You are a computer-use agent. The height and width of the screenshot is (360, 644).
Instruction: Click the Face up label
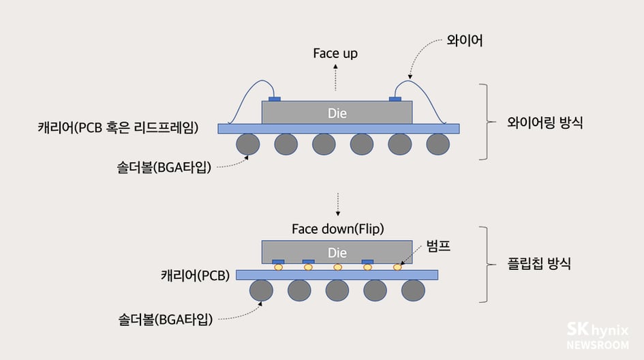335,53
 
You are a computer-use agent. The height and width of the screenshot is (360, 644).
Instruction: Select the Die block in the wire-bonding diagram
337,113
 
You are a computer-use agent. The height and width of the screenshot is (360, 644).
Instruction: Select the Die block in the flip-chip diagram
337,252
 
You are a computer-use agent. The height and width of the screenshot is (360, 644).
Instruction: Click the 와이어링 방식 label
545,124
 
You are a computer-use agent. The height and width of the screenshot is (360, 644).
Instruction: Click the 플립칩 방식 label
539,264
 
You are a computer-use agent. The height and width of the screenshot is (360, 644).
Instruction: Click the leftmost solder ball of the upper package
247,145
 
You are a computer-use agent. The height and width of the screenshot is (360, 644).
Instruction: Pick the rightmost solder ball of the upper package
438,145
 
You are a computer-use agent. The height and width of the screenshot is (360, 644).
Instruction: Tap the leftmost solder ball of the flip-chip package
261,290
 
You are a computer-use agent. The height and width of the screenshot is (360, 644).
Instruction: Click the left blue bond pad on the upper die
274,100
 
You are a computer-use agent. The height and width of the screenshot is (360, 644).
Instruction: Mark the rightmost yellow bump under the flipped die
398,267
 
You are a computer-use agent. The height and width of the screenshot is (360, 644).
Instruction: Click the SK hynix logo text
598,330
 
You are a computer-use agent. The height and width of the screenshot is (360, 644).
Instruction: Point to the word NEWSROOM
598,345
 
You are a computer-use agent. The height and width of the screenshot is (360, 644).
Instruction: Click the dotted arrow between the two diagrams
336,202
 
